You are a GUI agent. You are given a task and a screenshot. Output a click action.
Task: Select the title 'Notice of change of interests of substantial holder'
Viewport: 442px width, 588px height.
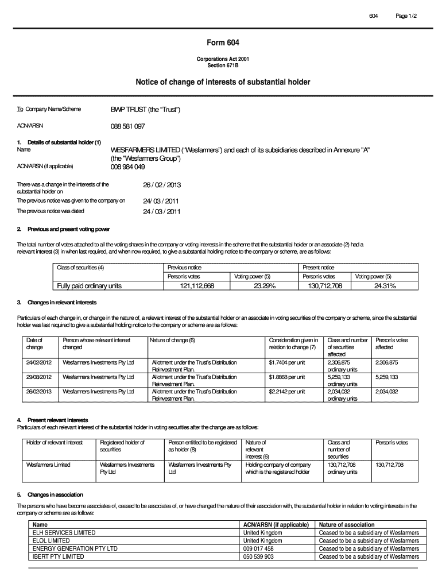(223, 83)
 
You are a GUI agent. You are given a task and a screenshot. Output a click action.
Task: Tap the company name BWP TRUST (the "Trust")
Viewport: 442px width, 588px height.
(145, 109)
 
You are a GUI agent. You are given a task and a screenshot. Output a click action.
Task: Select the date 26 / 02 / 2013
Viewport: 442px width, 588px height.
(162, 185)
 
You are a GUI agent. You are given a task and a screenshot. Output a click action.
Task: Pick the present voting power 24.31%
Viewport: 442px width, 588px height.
(382, 285)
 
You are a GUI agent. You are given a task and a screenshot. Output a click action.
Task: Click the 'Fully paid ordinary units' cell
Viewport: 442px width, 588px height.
(89, 285)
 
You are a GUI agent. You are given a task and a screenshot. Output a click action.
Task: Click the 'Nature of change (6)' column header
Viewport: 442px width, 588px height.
(173, 340)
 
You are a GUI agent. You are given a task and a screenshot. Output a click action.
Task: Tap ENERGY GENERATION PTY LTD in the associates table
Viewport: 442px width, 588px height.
(75, 548)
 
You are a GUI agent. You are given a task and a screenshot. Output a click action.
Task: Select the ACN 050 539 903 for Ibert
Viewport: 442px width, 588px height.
(258, 556)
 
